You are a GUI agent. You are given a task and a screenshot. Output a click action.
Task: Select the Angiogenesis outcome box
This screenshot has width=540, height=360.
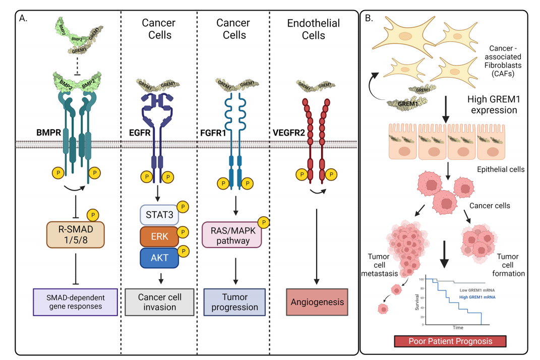coord(317,302)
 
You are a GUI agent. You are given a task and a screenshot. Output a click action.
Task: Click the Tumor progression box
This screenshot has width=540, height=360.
coord(234,302)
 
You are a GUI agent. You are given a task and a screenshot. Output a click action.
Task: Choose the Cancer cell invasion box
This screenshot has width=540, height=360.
coord(159,302)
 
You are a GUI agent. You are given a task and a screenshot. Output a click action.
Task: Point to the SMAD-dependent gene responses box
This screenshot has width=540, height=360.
coord(75,302)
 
